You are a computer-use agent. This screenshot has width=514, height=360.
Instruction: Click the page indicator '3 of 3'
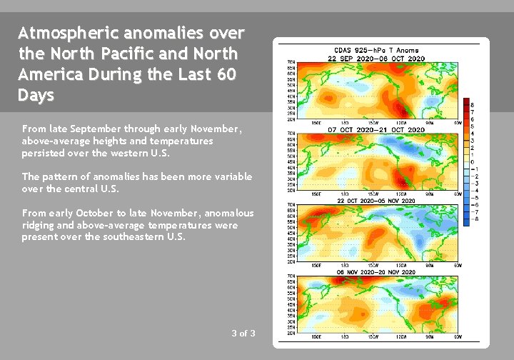[243, 334]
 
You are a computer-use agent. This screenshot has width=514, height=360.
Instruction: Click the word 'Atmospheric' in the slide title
[68, 34]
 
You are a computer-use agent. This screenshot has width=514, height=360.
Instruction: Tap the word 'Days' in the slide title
[36, 96]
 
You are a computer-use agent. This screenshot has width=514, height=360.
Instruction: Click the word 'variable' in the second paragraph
[231, 176]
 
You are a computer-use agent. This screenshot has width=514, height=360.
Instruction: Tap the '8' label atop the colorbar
[473, 105]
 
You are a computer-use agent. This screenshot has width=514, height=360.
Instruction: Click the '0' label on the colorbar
[473, 162]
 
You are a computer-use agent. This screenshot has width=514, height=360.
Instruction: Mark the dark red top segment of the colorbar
[465, 101]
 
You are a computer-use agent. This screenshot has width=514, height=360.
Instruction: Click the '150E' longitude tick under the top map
[316, 123]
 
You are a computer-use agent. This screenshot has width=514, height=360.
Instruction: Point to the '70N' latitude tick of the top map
[291, 63]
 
